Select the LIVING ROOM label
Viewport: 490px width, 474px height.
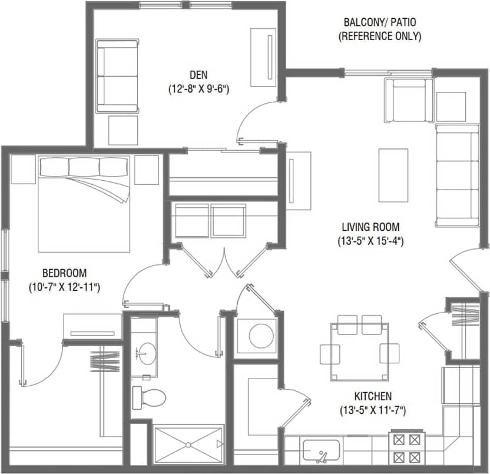coord(371,226)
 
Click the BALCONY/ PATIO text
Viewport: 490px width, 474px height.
coord(380,22)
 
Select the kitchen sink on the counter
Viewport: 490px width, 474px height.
coord(321,452)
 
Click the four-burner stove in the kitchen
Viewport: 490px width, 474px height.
coord(407,449)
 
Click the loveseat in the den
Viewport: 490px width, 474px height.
coord(117,76)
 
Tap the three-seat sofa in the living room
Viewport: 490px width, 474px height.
coord(457,175)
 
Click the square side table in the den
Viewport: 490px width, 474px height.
coord(123,130)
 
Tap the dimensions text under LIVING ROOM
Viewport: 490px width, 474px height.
coord(371,240)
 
